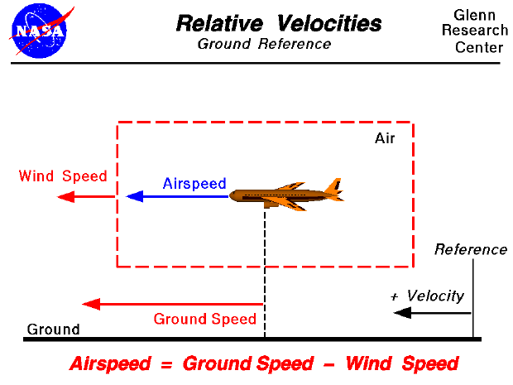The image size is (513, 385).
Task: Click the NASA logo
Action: (x=38, y=30)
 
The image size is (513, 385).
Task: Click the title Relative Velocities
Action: (x=278, y=23)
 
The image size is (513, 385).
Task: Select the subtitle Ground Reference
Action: (x=264, y=44)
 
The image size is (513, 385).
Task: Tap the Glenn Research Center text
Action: (x=480, y=31)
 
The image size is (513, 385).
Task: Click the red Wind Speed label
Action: (x=63, y=176)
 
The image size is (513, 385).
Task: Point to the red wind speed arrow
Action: (x=86, y=197)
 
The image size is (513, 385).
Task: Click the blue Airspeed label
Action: (x=194, y=183)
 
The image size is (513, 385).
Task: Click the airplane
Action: (x=286, y=196)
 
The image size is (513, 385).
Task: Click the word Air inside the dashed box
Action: (x=385, y=138)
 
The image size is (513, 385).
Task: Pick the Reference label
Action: (x=470, y=249)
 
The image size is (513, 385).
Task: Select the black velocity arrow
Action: (x=432, y=313)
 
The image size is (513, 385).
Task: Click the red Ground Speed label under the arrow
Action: (x=205, y=320)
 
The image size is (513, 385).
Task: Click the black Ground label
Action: (x=53, y=329)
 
